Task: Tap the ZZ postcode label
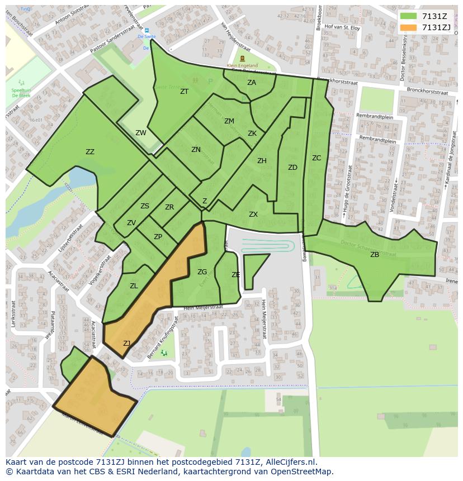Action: click(x=90, y=152)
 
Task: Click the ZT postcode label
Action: click(x=185, y=92)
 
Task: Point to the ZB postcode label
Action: click(x=375, y=255)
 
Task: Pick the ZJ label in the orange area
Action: click(x=127, y=344)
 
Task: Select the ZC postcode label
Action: click(x=316, y=158)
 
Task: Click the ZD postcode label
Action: click(x=292, y=168)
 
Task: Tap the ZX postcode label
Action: click(x=253, y=215)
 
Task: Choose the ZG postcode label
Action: click(x=202, y=272)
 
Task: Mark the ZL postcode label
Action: click(x=134, y=286)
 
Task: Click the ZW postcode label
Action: click(x=141, y=133)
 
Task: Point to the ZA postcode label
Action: click(x=252, y=83)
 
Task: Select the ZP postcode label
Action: click(x=158, y=237)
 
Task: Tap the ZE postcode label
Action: click(x=236, y=275)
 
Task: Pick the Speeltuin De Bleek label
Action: click(x=21, y=92)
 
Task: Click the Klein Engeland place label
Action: click(x=242, y=65)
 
